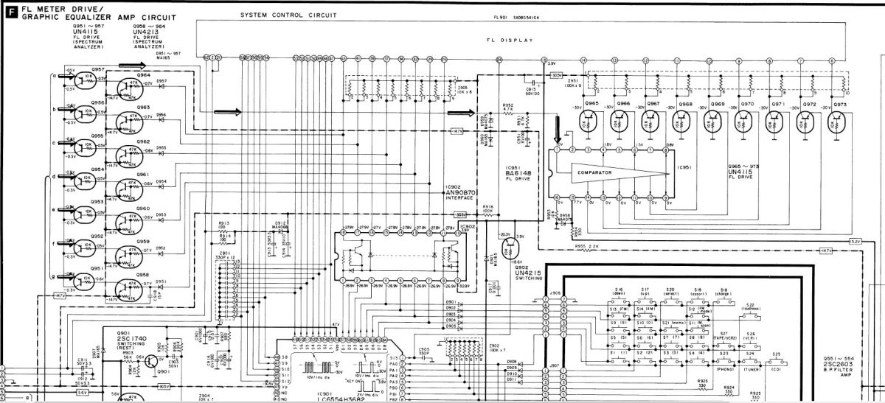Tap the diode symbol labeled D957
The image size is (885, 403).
(x=162, y=87)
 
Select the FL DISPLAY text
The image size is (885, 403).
(x=510, y=41)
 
